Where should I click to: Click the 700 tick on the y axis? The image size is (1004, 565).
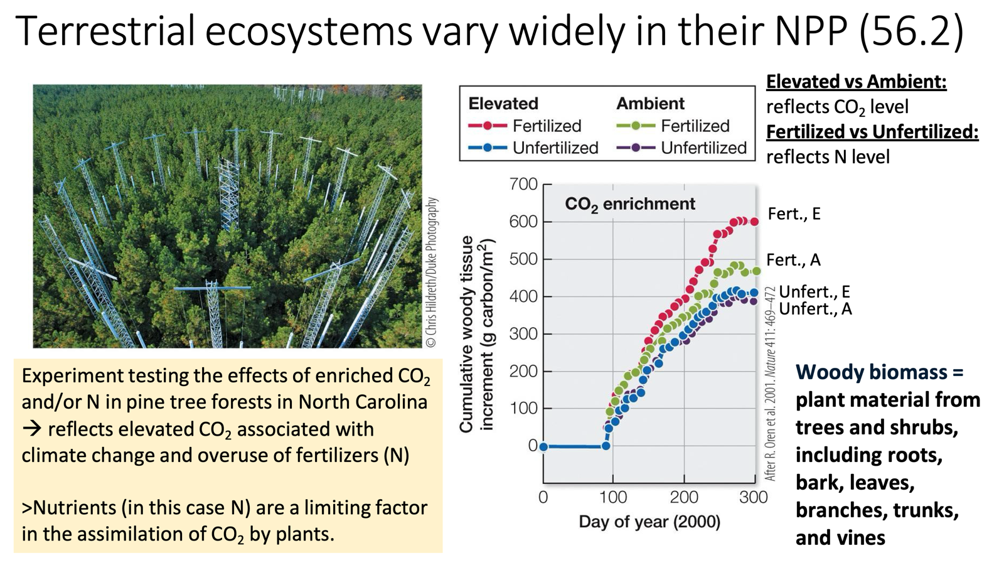(523, 185)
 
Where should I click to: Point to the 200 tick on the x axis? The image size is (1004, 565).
(683, 497)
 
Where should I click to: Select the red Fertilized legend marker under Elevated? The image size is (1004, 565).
(487, 126)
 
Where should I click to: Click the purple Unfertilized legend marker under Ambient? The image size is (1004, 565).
(635, 148)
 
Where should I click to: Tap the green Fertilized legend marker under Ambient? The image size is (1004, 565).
(635, 126)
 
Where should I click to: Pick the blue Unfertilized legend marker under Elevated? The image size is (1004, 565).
(487, 148)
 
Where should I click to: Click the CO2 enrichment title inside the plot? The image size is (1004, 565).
(629, 204)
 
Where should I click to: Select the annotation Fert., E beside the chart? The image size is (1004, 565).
(794, 214)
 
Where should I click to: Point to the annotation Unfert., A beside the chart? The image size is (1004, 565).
(815, 309)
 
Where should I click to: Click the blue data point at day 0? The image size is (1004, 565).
(543, 447)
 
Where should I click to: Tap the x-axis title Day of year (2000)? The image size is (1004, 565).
(649, 522)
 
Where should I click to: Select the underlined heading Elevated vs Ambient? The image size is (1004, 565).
(856, 82)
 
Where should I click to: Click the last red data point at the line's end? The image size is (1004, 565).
(754, 222)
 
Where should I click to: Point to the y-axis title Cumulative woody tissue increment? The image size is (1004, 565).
(476, 334)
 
